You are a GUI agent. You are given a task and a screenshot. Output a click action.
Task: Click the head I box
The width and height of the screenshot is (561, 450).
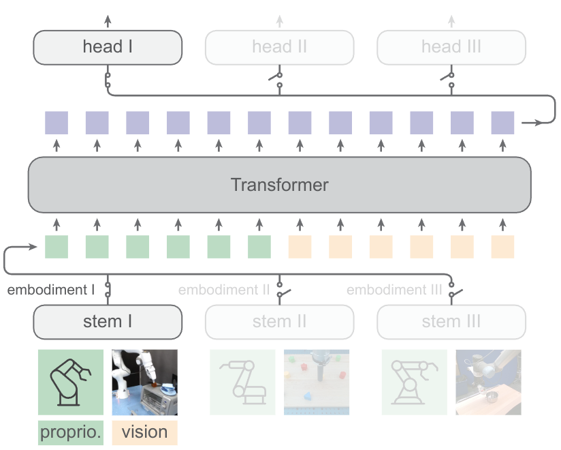(108, 47)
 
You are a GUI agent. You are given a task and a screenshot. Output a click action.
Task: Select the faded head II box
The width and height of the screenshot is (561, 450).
(279, 47)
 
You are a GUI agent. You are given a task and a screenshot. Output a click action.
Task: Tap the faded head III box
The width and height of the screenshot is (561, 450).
(451, 47)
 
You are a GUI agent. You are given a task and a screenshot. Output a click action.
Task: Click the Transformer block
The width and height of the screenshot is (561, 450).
(279, 185)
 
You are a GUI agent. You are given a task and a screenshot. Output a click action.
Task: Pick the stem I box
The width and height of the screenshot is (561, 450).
(108, 322)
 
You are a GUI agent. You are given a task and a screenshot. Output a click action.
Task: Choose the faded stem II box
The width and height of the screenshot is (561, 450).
(279, 322)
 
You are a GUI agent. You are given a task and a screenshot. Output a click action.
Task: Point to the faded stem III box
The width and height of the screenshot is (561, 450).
(451, 322)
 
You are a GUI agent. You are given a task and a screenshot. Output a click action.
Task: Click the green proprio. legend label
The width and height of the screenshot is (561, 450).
(71, 432)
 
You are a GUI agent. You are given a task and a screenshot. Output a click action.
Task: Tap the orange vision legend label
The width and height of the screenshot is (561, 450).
(144, 432)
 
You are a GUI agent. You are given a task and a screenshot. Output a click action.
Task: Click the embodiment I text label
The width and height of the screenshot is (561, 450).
(51, 290)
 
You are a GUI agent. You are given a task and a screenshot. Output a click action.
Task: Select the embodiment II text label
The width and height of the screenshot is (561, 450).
(224, 290)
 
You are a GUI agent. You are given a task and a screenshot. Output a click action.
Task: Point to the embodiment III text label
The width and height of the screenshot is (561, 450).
(394, 290)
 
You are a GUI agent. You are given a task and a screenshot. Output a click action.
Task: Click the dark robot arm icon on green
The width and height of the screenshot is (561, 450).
(71, 382)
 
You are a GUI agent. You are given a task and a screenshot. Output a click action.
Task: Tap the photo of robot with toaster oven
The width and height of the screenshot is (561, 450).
(144, 382)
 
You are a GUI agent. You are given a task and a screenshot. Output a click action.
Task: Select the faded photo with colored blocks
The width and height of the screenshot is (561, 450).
(317, 382)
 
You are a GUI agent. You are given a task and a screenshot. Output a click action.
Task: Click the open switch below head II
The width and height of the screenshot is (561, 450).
(277, 80)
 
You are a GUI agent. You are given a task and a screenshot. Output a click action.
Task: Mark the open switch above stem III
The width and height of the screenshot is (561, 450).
(454, 290)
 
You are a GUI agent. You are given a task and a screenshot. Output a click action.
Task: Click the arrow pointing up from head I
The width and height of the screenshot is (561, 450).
(108, 21)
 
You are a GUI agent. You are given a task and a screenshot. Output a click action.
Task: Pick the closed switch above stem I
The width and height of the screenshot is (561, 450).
(108, 290)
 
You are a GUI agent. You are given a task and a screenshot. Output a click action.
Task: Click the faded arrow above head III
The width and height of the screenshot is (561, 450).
(451, 21)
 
